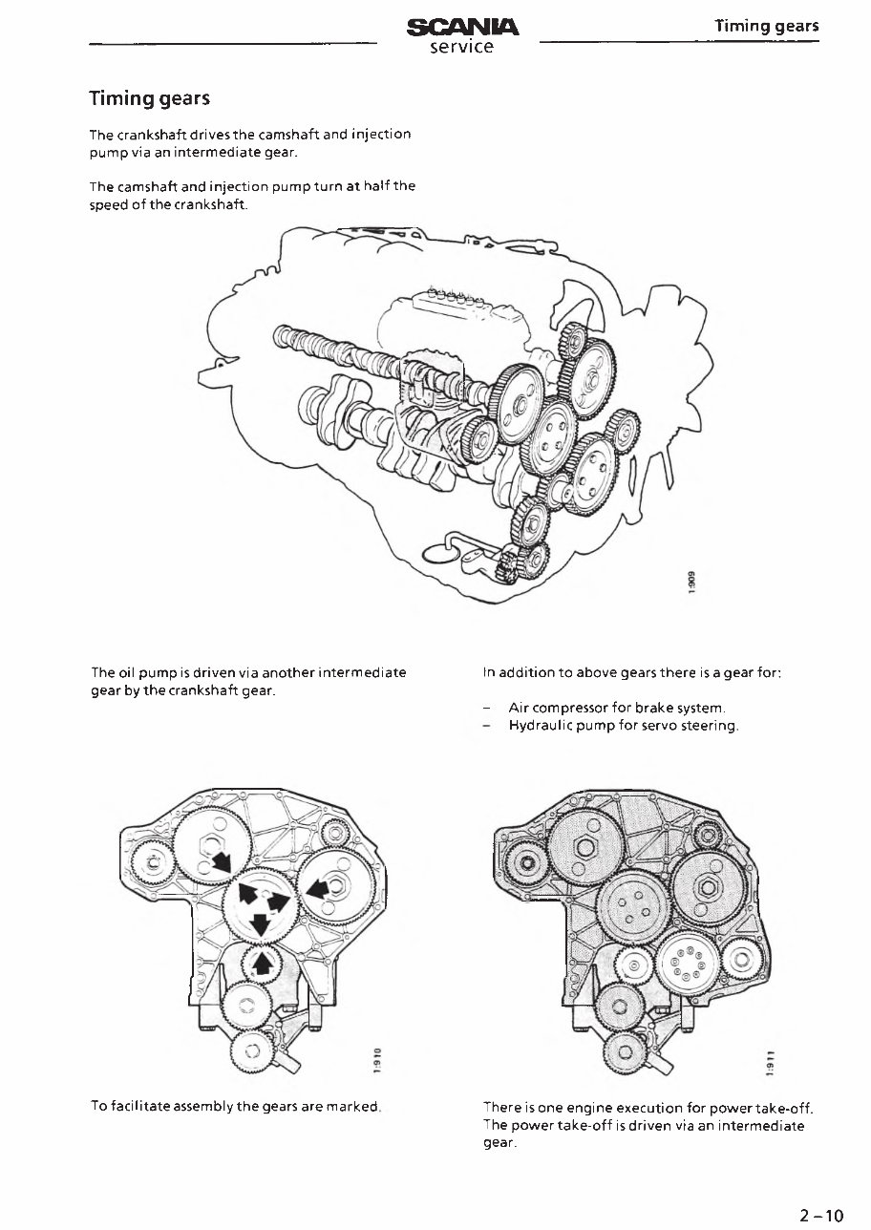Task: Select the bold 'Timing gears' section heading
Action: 149,98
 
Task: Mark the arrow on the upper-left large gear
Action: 222,862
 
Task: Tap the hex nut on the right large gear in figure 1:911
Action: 709,887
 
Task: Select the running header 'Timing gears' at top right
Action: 767,26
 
